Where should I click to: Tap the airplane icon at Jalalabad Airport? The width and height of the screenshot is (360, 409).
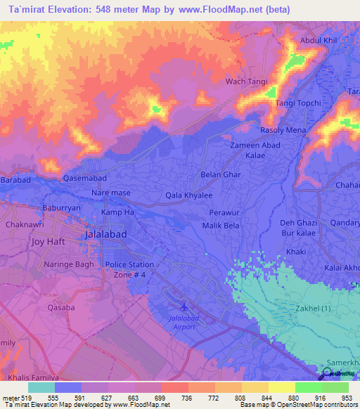pyautogui.click(x=184, y=306)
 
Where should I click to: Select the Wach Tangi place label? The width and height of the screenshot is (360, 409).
pyautogui.click(x=246, y=82)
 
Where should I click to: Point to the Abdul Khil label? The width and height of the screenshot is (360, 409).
pyautogui.click(x=320, y=40)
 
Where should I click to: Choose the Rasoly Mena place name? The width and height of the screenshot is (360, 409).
pyautogui.click(x=283, y=130)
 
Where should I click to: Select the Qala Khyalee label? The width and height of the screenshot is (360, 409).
pyautogui.click(x=188, y=195)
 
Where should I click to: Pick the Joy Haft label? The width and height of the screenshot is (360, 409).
pyautogui.click(x=48, y=241)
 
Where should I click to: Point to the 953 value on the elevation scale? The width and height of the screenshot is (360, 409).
pyautogui.click(x=347, y=398)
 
